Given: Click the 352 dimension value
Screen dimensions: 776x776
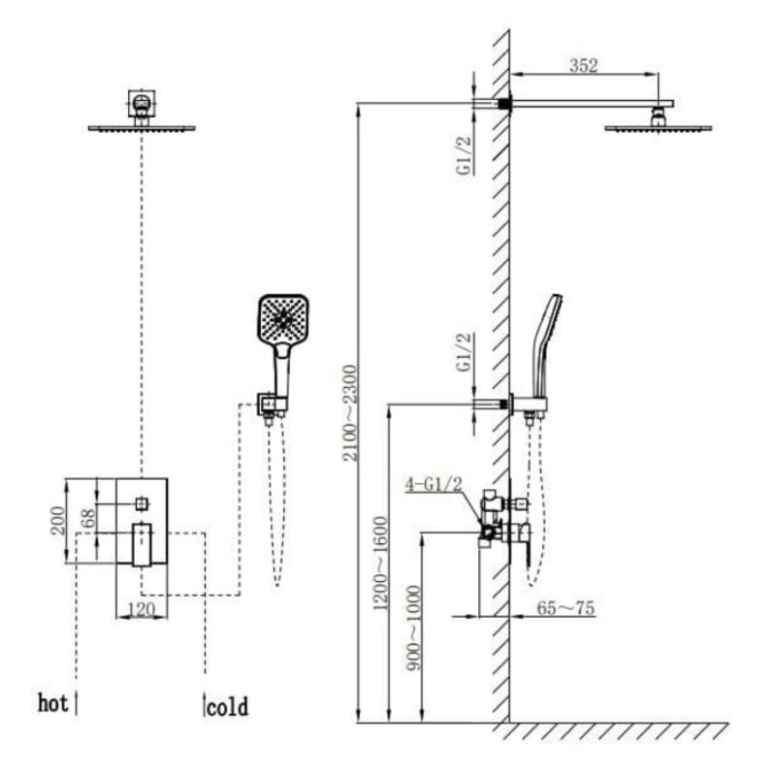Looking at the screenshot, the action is pyautogui.click(x=584, y=65).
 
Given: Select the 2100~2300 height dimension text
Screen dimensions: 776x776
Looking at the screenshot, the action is pyautogui.click(x=350, y=413).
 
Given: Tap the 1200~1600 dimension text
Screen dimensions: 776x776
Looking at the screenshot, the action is pyautogui.click(x=381, y=563).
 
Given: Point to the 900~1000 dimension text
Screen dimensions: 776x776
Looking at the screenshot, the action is pyautogui.click(x=413, y=629).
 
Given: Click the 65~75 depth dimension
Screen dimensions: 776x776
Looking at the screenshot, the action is pyautogui.click(x=566, y=608).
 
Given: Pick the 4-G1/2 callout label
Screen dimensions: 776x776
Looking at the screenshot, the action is pyautogui.click(x=434, y=483).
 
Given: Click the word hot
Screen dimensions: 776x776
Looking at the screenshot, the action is pyautogui.click(x=52, y=703).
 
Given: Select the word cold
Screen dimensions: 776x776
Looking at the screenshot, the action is pyautogui.click(x=228, y=707).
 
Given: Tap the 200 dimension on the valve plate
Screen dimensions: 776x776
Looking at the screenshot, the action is pyautogui.click(x=58, y=520).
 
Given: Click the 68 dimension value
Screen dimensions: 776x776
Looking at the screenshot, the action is pyautogui.click(x=89, y=518).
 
